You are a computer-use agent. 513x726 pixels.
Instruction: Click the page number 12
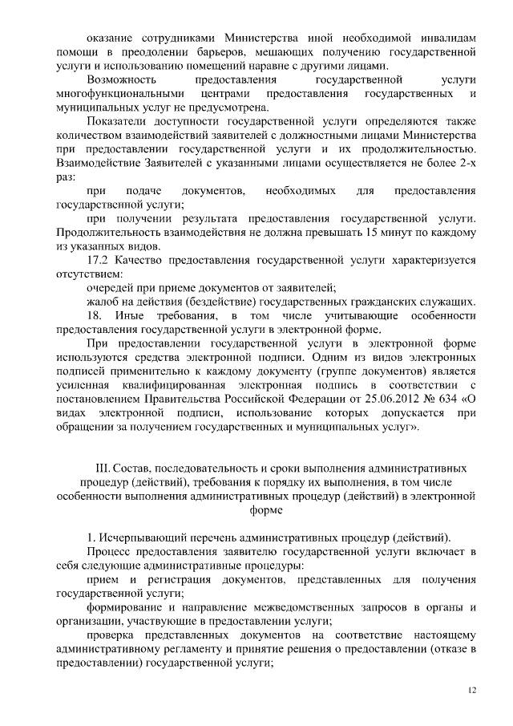471,689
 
